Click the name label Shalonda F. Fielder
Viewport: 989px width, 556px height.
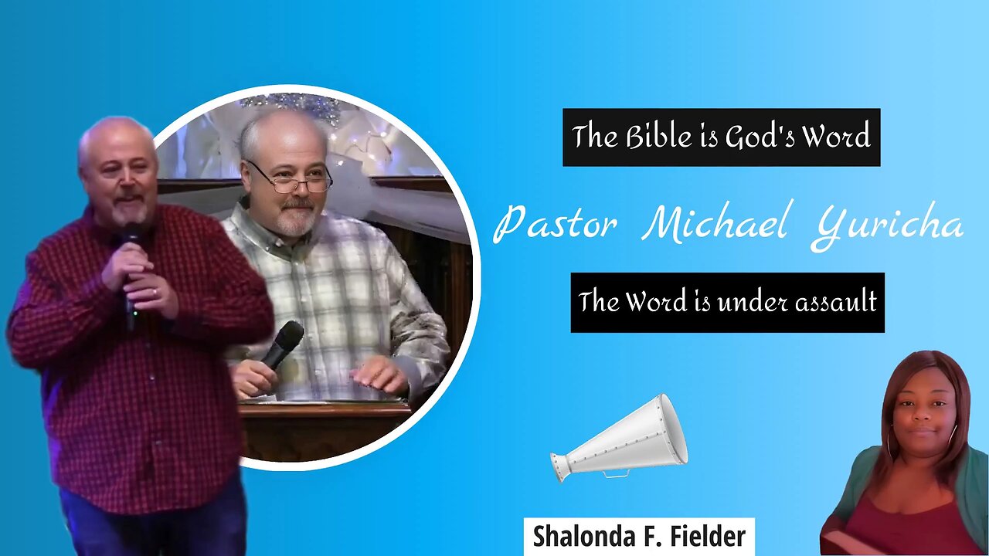point(639,537)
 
